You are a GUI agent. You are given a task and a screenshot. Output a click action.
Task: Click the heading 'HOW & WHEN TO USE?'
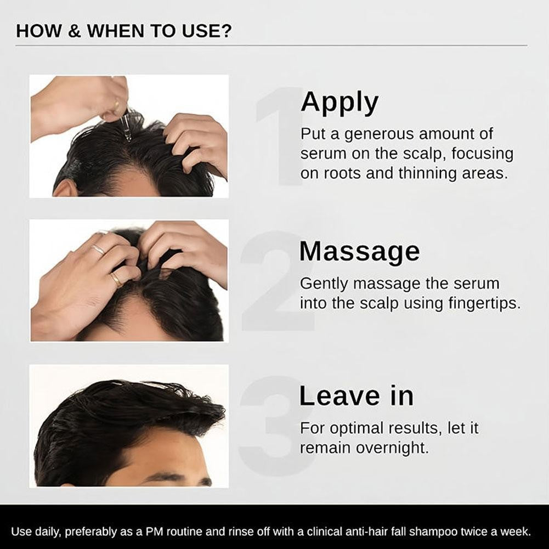tap(124, 31)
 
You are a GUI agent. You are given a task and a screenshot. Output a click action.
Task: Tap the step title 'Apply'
tap(339, 102)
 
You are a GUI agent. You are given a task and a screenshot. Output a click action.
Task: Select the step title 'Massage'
tap(359, 251)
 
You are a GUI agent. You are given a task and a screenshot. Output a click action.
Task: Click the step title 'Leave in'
tap(356, 396)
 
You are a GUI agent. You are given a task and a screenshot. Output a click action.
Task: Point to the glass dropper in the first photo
tap(124, 128)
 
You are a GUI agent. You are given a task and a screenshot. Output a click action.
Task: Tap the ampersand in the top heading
tap(75, 31)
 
